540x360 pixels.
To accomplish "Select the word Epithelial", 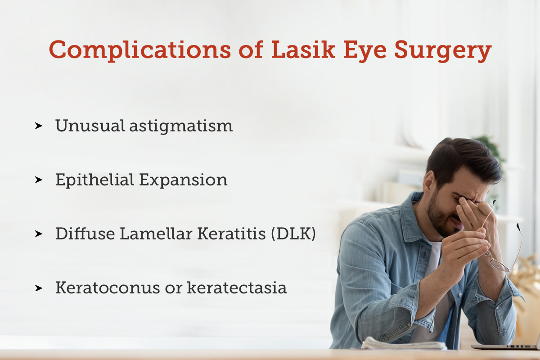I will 94,180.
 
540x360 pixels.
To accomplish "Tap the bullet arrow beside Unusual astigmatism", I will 39,126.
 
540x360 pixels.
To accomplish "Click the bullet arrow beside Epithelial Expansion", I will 39,180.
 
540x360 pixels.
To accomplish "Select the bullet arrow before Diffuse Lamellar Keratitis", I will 39,234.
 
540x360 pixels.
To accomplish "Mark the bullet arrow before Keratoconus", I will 39,288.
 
